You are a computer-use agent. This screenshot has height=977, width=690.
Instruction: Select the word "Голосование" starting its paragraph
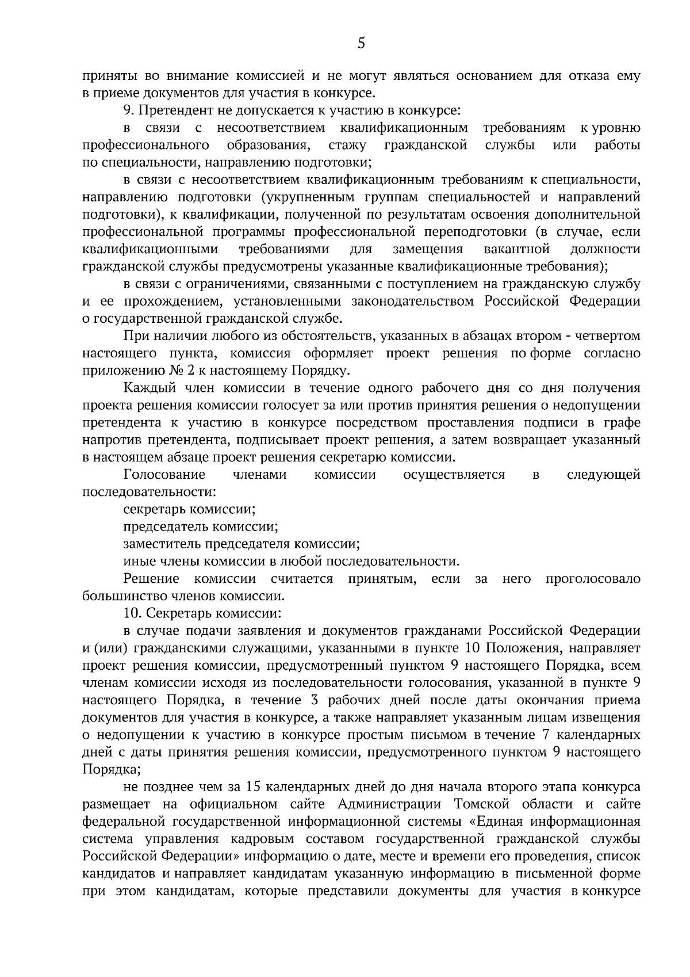tap(164, 475)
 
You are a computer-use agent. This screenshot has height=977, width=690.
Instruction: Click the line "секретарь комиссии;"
tap(189, 509)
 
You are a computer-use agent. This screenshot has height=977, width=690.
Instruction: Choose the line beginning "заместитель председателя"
tap(241, 544)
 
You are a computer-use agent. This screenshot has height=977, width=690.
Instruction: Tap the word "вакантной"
tap(517, 249)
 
